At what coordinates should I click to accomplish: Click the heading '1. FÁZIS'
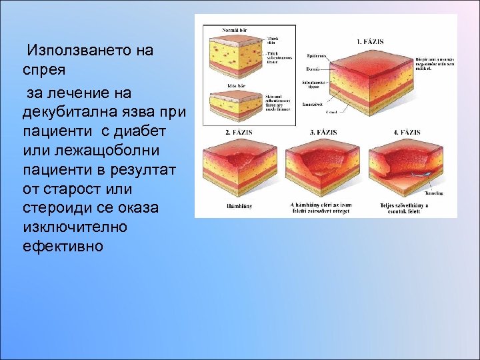370,41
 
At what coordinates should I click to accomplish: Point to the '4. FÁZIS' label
407,132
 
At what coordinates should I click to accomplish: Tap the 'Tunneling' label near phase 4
433,193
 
